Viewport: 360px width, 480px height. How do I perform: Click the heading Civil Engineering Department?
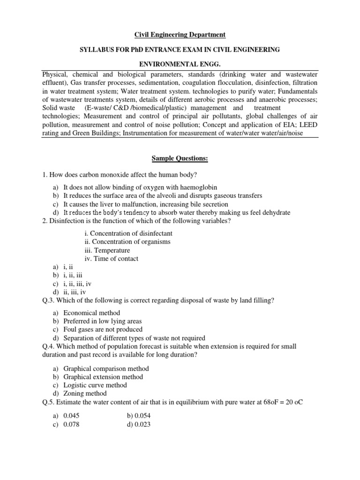pos(180,35)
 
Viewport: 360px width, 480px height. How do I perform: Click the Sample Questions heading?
pos(180,159)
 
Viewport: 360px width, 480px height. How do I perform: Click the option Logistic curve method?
pos(95,385)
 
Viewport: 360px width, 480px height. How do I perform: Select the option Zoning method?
pos(85,393)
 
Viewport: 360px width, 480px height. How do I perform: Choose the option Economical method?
pos(92,313)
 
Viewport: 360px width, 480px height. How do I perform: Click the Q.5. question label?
pos(49,402)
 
